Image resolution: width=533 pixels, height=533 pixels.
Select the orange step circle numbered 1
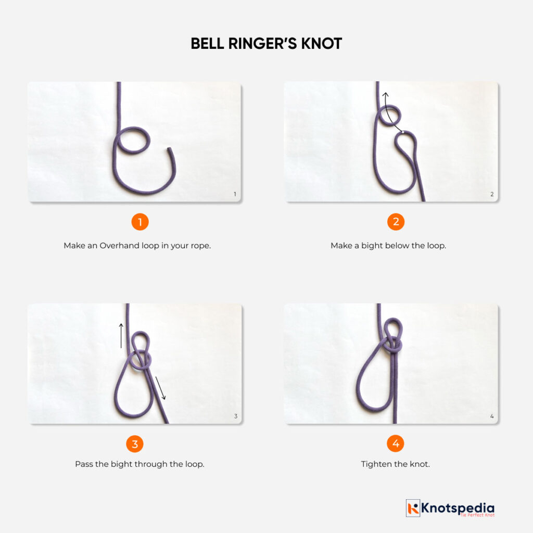(x=139, y=222)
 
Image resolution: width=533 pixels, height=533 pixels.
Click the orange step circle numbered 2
(x=396, y=222)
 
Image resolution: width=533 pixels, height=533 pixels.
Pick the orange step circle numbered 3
(x=135, y=444)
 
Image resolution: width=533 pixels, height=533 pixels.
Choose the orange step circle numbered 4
(x=396, y=444)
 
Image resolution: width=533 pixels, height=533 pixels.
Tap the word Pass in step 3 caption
(x=84, y=464)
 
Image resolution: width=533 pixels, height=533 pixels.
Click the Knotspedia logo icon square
(x=413, y=508)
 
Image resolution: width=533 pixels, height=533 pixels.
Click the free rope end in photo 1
(x=169, y=151)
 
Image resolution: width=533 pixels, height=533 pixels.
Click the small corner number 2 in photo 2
(x=492, y=195)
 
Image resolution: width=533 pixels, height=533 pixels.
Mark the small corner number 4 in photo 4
(x=492, y=416)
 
